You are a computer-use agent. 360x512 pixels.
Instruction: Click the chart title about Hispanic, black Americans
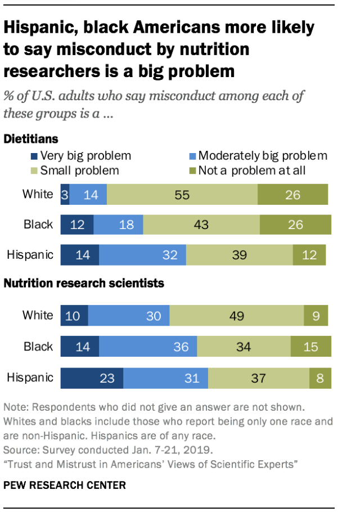(x=159, y=50)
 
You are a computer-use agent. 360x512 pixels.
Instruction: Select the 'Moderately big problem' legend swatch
(x=191, y=156)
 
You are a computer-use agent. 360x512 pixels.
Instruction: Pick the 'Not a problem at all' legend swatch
(x=191, y=169)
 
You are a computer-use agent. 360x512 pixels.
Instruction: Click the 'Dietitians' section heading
(x=31, y=138)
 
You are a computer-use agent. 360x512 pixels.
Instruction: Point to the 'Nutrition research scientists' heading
(x=84, y=284)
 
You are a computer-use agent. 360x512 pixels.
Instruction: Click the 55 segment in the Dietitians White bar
(x=182, y=195)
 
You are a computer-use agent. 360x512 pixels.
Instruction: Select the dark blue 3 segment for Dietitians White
(x=65, y=195)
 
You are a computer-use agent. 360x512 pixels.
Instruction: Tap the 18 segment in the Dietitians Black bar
(x=118, y=224)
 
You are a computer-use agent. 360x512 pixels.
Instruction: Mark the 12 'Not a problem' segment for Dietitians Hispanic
(x=309, y=254)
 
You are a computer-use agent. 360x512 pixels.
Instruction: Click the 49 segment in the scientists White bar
(x=236, y=316)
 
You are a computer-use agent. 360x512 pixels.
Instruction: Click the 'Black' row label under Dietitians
(x=38, y=224)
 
